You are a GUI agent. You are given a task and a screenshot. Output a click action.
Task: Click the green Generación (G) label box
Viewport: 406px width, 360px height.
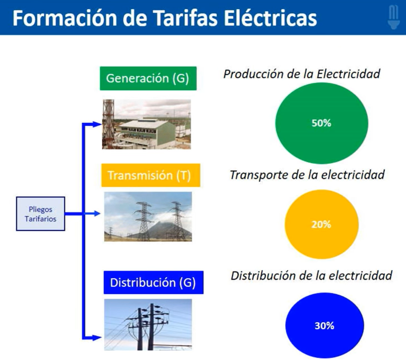148,78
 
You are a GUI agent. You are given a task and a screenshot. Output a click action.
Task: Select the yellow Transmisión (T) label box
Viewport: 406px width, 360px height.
151,175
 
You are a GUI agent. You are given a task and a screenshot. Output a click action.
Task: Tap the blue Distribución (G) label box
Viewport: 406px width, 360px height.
154,282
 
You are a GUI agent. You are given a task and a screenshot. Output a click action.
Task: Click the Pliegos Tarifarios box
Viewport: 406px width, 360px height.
40,214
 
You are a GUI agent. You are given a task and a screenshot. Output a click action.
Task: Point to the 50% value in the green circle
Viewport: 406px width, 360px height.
321,123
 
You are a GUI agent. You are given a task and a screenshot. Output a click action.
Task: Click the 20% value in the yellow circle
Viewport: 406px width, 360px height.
321,225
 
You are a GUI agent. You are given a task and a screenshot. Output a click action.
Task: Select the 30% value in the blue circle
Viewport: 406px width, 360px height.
324,326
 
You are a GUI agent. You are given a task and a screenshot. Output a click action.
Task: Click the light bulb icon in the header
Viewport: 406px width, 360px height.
394,17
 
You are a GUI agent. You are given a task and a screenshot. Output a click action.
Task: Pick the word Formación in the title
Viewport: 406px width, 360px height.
65,18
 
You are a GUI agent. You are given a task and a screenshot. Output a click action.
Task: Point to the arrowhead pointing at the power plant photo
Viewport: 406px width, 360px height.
97,124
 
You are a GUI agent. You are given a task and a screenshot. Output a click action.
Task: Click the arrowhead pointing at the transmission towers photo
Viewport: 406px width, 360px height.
96,213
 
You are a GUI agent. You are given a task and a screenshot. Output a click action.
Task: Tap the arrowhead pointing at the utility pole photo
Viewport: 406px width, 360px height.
97,338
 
